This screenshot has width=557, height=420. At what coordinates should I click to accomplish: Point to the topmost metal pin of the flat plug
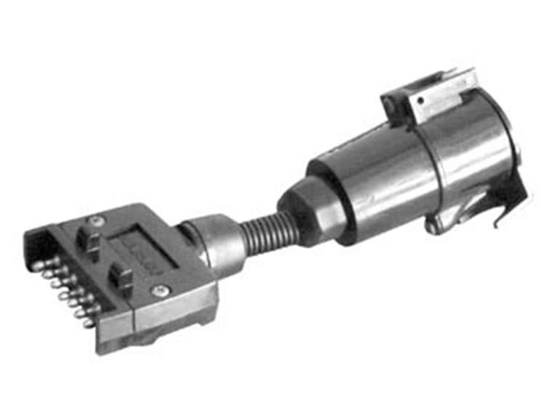(x=37, y=265)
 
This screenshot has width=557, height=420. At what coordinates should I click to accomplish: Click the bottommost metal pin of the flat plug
(x=88, y=323)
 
